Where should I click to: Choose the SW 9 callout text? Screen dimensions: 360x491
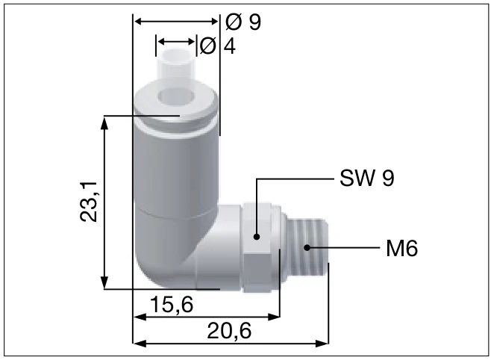click(366, 179)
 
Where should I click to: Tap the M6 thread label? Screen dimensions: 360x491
click(401, 248)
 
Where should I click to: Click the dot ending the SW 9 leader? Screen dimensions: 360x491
click(256, 237)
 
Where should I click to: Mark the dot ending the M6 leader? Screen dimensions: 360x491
click(307, 246)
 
